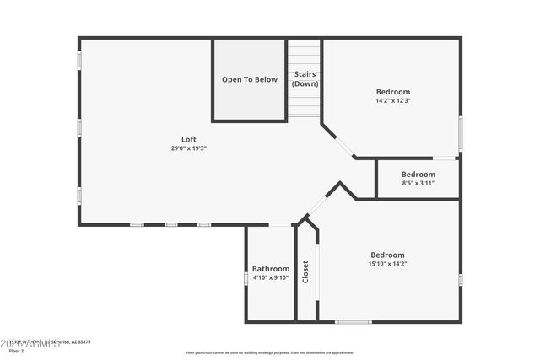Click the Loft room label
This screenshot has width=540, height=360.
click(x=188, y=140)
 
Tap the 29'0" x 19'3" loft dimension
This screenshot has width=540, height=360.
click(x=188, y=148)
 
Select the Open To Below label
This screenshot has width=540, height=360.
click(x=249, y=80)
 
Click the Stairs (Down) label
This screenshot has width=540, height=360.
click(x=305, y=79)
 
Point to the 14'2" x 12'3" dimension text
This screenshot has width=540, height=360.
click(x=393, y=100)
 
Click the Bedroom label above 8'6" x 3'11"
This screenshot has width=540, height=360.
click(x=418, y=175)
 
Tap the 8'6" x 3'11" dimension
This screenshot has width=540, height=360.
click(x=418, y=183)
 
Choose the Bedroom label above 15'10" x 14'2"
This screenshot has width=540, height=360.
click(x=387, y=255)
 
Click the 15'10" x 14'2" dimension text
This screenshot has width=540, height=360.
click(x=387, y=264)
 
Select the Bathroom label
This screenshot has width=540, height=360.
click(x=271, y=269)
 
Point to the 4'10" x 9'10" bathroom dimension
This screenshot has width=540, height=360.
click(x=271, y=277)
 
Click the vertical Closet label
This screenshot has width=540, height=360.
click(x=305, y=271)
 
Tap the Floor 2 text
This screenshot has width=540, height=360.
click(x=17, y=351)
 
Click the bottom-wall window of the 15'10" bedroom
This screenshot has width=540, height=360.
click(x=354, y=321)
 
